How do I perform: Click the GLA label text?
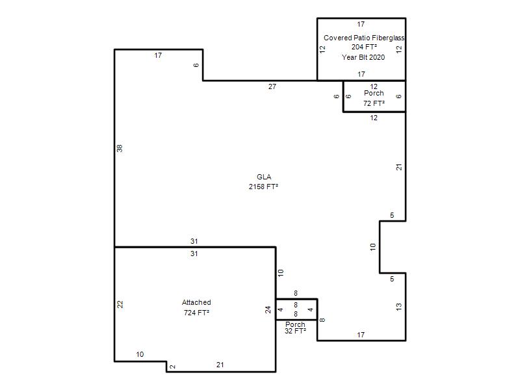point(264,177)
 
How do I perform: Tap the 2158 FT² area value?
point(263,187)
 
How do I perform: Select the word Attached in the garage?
point(196,302)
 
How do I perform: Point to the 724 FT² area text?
point(196,313)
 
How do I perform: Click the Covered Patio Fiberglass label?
point(364,38)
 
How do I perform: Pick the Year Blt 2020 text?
point(363,57)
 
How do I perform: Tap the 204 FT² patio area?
point(364,47)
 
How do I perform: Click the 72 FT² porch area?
point(374,103)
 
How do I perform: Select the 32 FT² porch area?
point(295,331)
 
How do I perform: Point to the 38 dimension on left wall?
point(120,148)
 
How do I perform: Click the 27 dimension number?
point(272,86)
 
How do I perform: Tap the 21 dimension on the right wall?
point(399,167)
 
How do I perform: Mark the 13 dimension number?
point(399,307)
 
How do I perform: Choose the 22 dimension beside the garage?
point(120,304)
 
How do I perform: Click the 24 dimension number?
point(268,309)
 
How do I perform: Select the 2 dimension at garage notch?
point(172,367)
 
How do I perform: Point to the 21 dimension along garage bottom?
point(220,365)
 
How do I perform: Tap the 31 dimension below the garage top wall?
point(194,253)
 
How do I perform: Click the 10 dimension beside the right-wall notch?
point(373,247)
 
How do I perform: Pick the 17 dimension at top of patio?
point(361,24)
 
